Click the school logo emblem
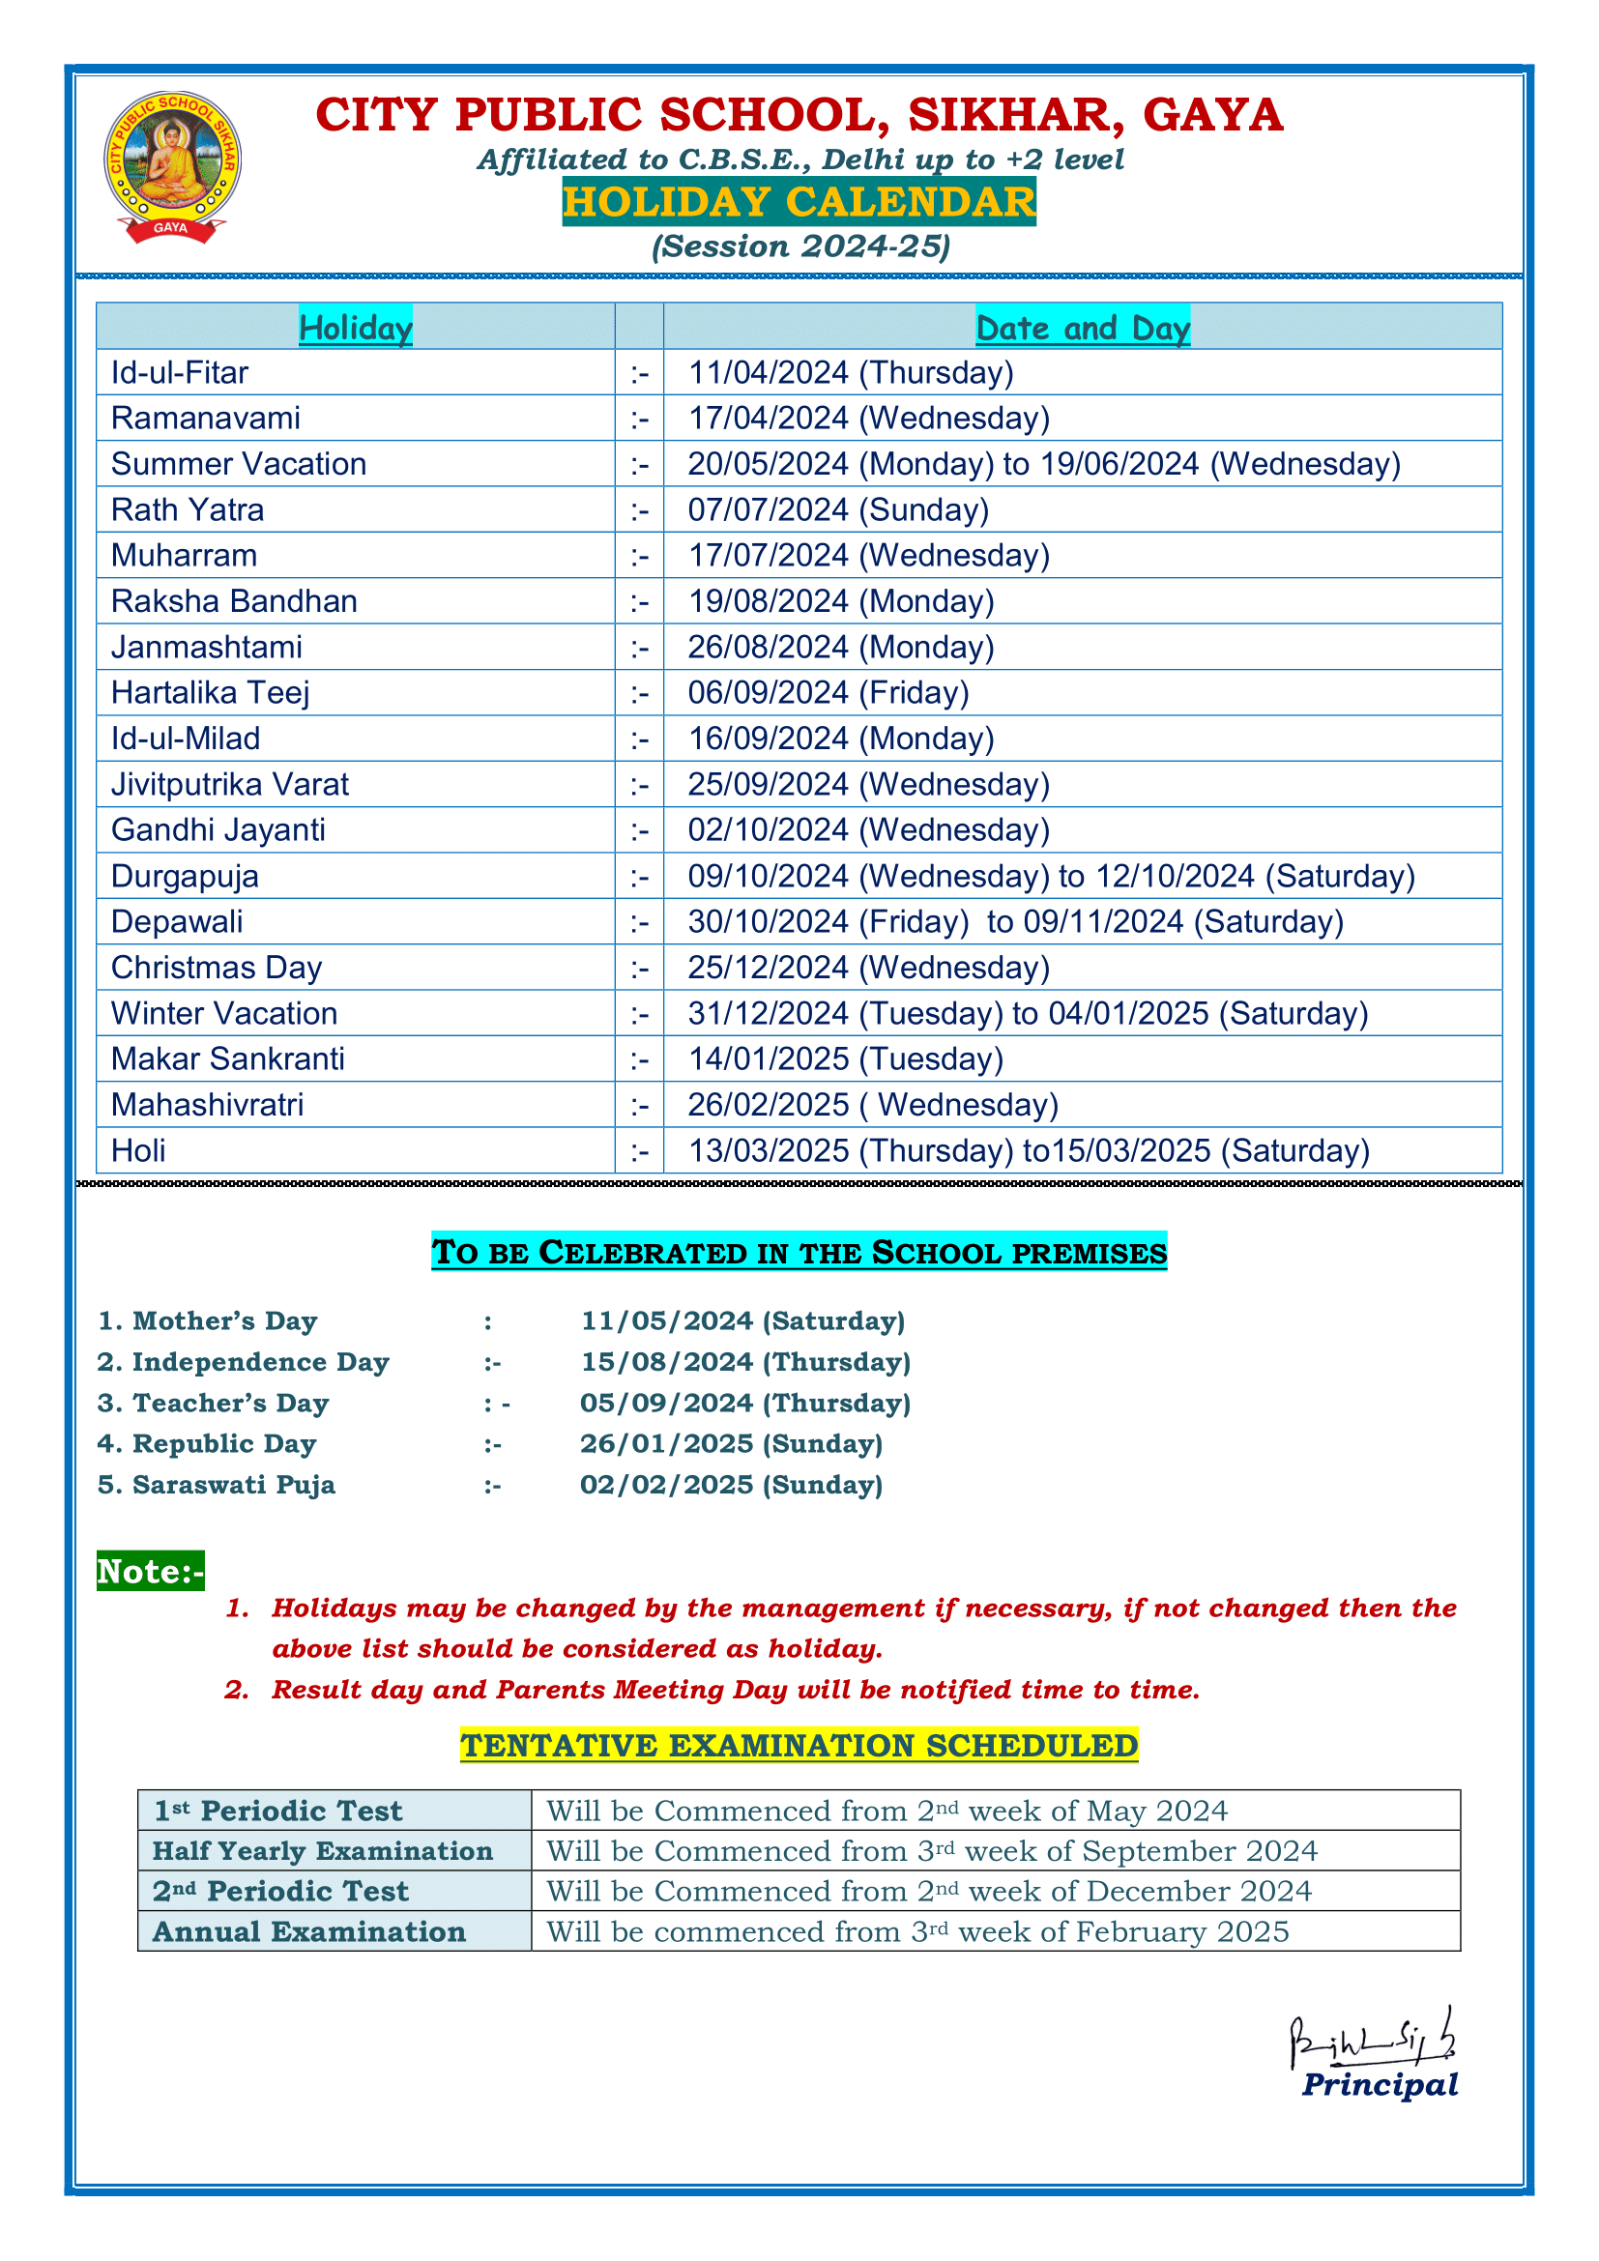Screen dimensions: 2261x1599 [x=172, y=165]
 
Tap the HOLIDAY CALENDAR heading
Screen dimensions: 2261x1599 [x=799, y=202]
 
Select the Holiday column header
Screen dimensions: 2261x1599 [x=356, y=327]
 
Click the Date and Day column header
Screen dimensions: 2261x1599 [x=1082, y=327]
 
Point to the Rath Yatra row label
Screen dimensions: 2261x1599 [x=188, y=510]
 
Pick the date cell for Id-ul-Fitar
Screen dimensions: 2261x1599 [x=851, y=373]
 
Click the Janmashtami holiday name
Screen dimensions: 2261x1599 [x=207, y=647]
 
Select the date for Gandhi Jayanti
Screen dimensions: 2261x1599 [x=868, y=830]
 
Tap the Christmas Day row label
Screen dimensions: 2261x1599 [x=217, y=968]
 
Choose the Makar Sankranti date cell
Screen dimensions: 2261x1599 [x=845, y=1059]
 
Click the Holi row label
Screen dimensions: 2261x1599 [x=139, y=1151]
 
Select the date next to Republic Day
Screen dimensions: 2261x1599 [x=731, y=1443]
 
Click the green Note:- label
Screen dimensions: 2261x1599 [x=150, y=1572]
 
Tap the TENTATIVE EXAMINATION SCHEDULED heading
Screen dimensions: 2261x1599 [x=799, y=1746]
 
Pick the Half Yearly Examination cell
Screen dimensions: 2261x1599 [x=323, y=1851]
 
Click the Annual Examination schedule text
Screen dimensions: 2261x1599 [x=916, y=1932]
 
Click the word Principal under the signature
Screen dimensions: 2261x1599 [x=1380, y=2085]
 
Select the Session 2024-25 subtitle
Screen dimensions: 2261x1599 [x=800, y=246]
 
